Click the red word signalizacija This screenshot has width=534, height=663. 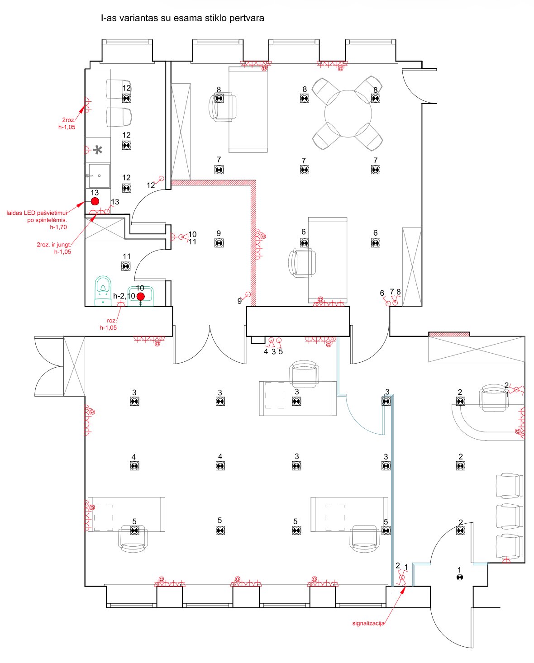[368, 623]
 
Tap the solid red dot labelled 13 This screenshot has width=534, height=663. [95, 202]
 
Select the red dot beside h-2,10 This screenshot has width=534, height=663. [141, 296]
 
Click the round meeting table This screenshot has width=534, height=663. [348, 114]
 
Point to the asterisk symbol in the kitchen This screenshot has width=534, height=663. [98, 150]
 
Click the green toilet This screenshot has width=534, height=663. [103, 290]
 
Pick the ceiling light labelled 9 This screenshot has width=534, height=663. [219, 243]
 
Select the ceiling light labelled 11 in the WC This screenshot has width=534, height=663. [126, 266]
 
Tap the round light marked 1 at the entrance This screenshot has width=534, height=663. [459, 578]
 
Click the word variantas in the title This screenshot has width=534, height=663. [139, 18]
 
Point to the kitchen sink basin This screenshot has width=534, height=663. [99, 175]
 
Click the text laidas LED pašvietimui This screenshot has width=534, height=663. [37, 213]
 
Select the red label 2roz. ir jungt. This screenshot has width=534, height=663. [54, 245]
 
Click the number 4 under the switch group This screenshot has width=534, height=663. [266, 351]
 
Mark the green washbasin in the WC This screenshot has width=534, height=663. [141, 296]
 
